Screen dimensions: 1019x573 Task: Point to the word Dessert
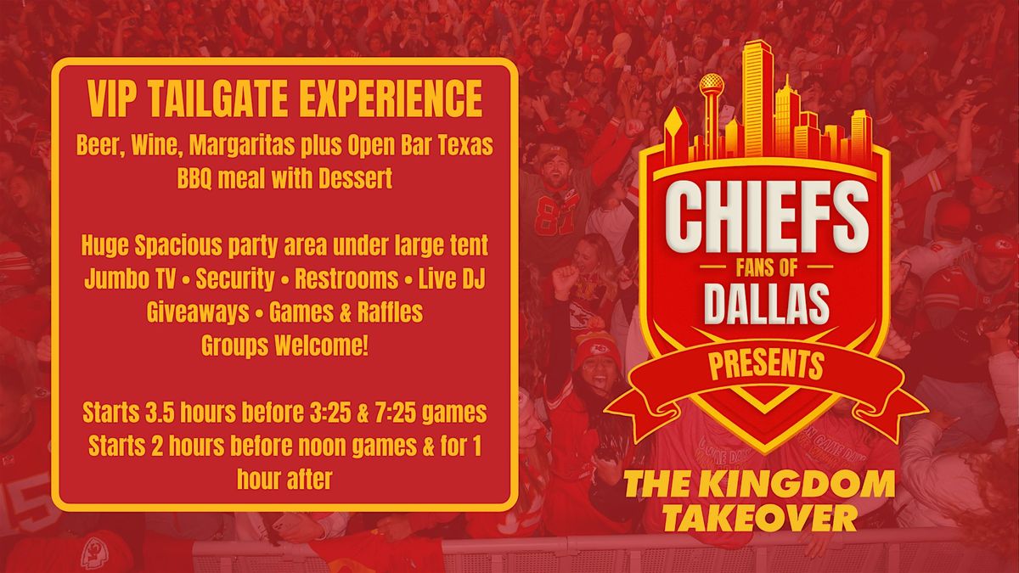(x=355, y=179)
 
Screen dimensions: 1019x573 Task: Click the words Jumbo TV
(x=130, y=278)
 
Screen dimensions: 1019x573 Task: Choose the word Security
(x=234, y=279)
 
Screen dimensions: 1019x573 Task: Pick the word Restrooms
(x=346, y=278)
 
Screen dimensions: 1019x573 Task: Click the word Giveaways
(x=198, y=313)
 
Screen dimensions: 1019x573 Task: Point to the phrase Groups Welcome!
(x=284, y=346)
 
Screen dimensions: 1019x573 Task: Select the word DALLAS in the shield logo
(x=767, y=302)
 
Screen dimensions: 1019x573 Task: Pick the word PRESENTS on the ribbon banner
(x=767, y=365)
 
